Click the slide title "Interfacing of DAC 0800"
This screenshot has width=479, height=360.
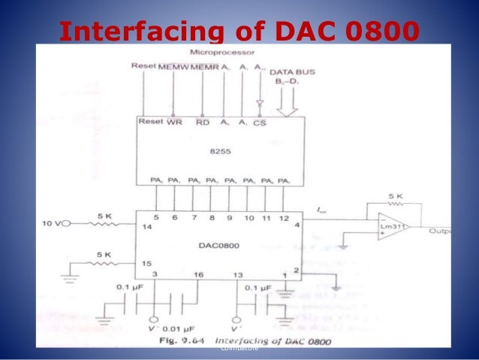click(x=239, y=31)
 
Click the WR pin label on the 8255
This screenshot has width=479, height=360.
click(x=173, y=122)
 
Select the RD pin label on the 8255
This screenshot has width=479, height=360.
click(x=202, y=122)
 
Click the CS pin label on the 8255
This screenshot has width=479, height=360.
click(x=260, y=122)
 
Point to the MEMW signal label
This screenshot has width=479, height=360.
click(x=173, y=66)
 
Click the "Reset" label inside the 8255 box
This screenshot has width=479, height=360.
click(x=150, y=122)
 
